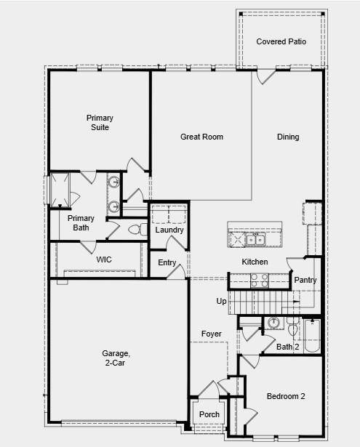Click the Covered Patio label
(281, 41)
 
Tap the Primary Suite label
(100, 122)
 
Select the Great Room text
(201, 137)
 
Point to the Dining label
(288, 137)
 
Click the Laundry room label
(169, 230)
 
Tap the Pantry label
(305, 280)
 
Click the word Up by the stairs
(221, 301)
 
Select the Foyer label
(212, 334)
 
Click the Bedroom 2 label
(285, 396)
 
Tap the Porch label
(209, 415)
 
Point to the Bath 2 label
(288, 347)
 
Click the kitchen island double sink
(255, 239)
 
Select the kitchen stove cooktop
(259, 280)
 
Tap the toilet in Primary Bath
(135, 230)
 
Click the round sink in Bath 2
(273, 323)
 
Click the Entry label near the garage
(167, 262)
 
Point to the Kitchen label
(255, 262)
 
